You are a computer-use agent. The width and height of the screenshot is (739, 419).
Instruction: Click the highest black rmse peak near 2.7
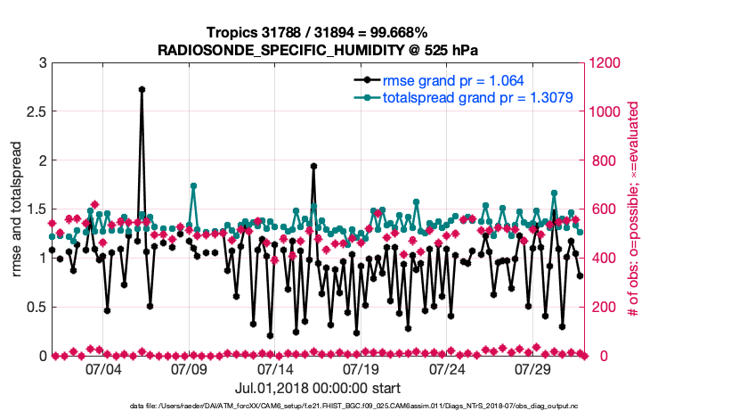tap(142, 89)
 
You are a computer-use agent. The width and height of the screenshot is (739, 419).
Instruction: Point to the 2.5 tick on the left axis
tap(33, 111)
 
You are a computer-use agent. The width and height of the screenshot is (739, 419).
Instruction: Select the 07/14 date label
tap(275, 367)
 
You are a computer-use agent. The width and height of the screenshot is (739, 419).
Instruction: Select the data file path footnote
tap(369, 407)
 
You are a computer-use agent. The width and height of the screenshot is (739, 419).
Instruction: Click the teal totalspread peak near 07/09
tap(193, 186)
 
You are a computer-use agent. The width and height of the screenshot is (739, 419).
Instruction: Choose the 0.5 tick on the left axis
tap(33, 307)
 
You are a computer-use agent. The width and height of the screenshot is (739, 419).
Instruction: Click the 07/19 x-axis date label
tap(361, 367)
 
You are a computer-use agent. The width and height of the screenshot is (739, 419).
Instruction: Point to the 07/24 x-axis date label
tap(448, 367)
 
